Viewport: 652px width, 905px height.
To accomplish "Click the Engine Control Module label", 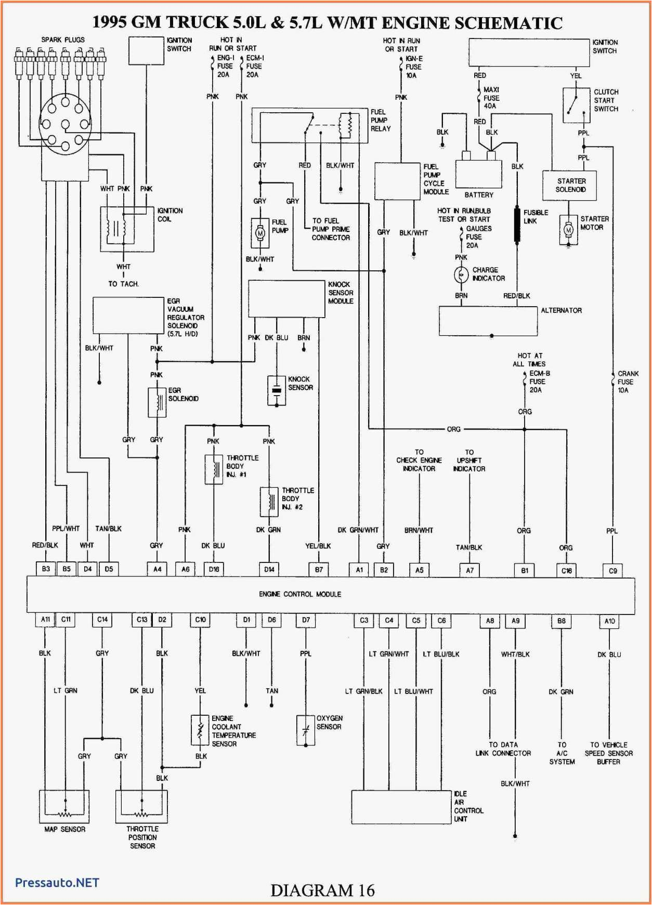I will pos(300,594).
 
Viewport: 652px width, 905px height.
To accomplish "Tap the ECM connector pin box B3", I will pos(46,569).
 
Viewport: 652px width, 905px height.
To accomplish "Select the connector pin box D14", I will pos(269,570).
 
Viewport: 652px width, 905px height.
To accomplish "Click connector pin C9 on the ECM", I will pos(613,571).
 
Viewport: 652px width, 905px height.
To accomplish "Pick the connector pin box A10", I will pos(609,621).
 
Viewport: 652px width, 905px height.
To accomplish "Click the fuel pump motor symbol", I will pos(260,233).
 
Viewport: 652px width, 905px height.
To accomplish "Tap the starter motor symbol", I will pos(569,230).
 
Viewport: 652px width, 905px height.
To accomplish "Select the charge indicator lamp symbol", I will pos(461,274).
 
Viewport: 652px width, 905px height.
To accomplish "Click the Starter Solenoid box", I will pos(569,186).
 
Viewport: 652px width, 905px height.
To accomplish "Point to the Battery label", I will pos(478,195).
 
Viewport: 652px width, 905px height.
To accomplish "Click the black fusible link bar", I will pos(517,225).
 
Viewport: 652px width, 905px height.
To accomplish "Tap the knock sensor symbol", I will pos(277,390).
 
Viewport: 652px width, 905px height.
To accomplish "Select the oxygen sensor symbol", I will pos(306,730).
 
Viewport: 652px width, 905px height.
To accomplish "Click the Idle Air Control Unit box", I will pos(401,807).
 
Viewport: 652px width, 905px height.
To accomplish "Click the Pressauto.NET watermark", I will pos(57,883).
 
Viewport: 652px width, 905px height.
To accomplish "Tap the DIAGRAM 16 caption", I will pos(322,890).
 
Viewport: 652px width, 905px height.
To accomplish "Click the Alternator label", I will pos(561,310).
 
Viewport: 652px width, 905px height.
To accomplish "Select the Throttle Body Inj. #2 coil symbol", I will pos(269,502).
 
